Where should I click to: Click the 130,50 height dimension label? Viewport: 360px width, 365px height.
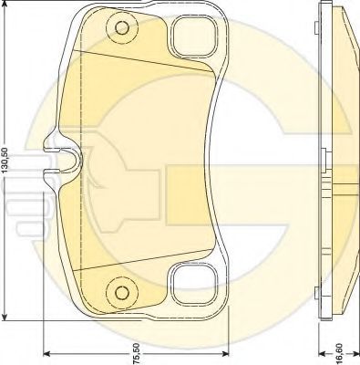[5, 165]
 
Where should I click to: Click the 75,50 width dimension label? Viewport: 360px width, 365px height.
[137, 353]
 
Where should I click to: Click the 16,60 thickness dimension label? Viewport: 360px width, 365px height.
[339, 353]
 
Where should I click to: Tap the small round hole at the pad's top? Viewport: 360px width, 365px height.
[122, 28]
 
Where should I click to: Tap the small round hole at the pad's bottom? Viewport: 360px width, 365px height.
[122, 293]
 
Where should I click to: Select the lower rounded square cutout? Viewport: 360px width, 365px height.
[195, 284]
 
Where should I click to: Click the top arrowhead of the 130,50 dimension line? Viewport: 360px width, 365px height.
[5, 5]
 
